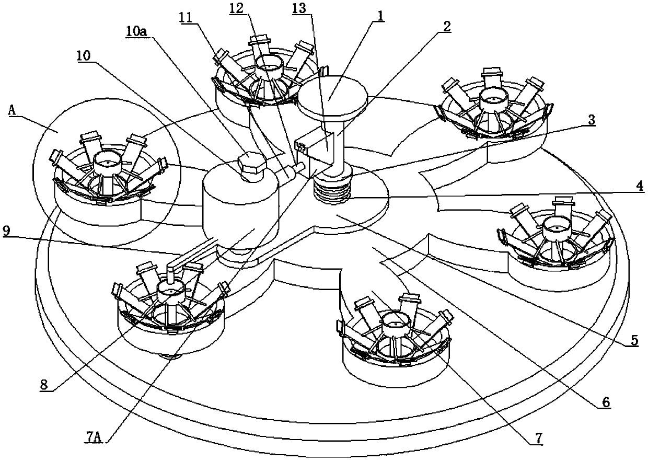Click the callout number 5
[634, 340]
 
